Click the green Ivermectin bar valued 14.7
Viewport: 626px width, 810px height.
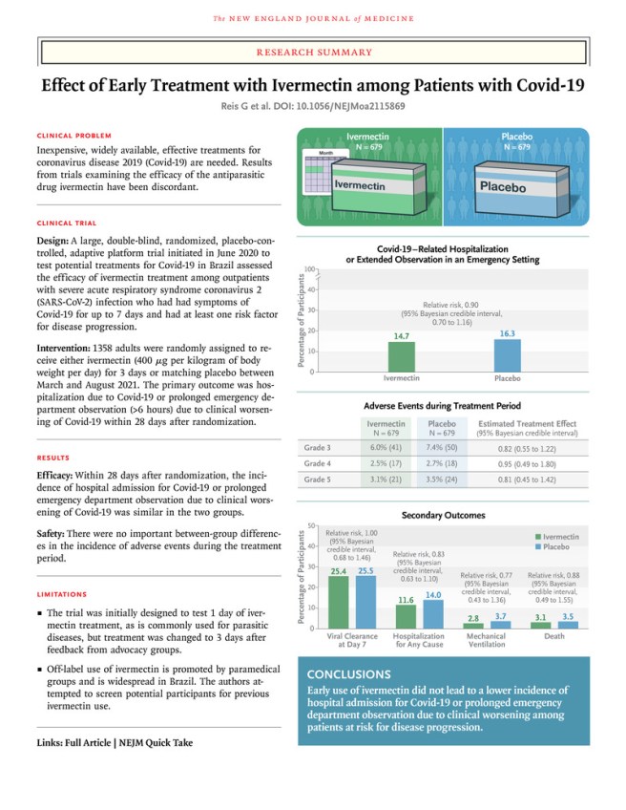402,357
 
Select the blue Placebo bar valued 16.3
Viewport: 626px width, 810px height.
507,355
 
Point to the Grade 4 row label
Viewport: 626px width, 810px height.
316,463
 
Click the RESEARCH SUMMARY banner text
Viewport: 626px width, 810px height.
312,45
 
